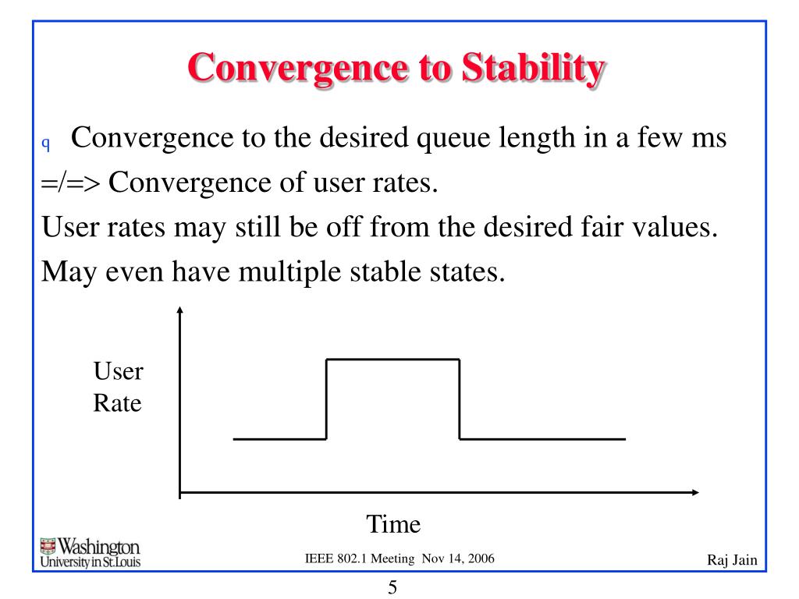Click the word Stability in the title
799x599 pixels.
pyautogui.click(x=534, y=69)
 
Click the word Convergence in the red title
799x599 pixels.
pyautogui.click(x=298, y=69)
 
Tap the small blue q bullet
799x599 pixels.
pyautogui.click(x=46, y=144)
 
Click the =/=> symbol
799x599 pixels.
pyautogui.click(x=71, y=183)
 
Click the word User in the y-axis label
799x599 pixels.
pyautogui.click(x=119, y=370)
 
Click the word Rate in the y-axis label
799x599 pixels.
pyautogui.click(x=117, y=403)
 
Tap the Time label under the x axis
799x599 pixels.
pyautogui.click(x=393, y=524)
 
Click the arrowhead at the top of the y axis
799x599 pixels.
pyautogui.click(x=179, y=310)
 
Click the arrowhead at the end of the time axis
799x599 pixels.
pyautogui.click(x=695, y=492)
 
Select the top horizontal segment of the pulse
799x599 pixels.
pyautogui.click(x=393, y=360)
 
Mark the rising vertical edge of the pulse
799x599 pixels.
pyautogui.click(x=326, y=399)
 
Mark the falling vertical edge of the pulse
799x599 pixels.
pyautogui.click(x=460, y=399)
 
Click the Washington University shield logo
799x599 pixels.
pyautogui.click(x=48, y=546)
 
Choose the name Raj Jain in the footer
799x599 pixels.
pyautogui.click(x=732, y=560)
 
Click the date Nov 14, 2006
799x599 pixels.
pyautogui.click(x=458, y=558)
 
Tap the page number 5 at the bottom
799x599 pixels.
pyautogui.click(x=392, y=587)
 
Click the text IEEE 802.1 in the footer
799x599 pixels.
pyautogui.click(x=336, y=558)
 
